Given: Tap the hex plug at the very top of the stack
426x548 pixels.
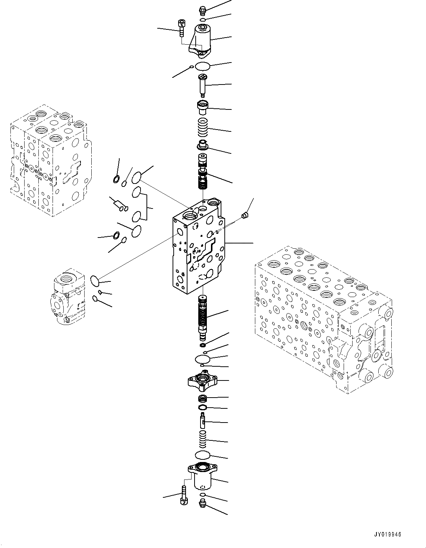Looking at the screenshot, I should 202,9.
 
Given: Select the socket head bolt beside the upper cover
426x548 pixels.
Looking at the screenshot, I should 181,27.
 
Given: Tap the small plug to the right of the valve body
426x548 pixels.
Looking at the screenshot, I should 244,215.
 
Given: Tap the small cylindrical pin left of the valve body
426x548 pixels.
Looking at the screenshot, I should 119,204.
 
